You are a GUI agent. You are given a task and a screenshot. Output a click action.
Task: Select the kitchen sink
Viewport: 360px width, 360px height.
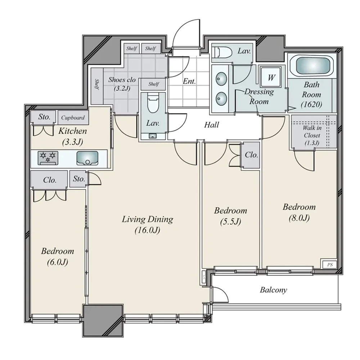87,158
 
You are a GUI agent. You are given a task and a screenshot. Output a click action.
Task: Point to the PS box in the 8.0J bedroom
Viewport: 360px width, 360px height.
329,265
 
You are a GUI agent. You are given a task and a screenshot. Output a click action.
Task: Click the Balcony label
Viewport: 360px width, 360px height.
274,290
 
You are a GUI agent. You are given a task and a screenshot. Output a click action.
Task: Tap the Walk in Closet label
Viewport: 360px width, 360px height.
312,135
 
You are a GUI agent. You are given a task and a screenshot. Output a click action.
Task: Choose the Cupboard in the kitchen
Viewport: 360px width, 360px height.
73,118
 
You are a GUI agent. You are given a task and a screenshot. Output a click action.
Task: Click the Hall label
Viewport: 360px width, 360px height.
211,125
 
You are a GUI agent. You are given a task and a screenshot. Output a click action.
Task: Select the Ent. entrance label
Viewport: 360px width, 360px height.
189,81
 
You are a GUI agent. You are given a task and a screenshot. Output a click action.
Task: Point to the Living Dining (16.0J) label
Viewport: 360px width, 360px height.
147,225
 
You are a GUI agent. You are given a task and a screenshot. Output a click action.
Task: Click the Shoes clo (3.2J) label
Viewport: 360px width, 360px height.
122,84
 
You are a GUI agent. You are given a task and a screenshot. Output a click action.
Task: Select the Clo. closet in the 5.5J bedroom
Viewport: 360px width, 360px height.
251,155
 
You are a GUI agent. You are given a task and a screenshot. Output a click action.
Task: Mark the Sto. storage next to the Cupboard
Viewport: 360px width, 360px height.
44,117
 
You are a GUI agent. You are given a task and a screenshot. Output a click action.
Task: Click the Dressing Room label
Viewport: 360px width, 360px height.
259,96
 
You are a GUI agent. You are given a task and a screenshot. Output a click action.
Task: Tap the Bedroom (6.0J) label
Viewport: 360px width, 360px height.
57,256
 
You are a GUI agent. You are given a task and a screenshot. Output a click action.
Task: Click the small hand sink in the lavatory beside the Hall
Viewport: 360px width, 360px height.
152,136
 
